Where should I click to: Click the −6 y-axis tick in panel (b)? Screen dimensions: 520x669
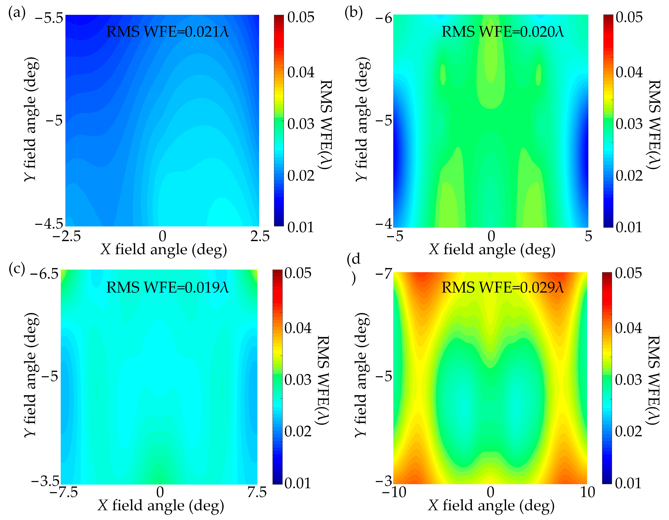pyautogui.click(x=384, y=18)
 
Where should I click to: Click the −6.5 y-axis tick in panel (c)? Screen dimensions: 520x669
pyautogui.click(x=45, y=273)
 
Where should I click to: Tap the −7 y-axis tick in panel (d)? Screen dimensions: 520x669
pyautogui.click(x=384, y=273)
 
